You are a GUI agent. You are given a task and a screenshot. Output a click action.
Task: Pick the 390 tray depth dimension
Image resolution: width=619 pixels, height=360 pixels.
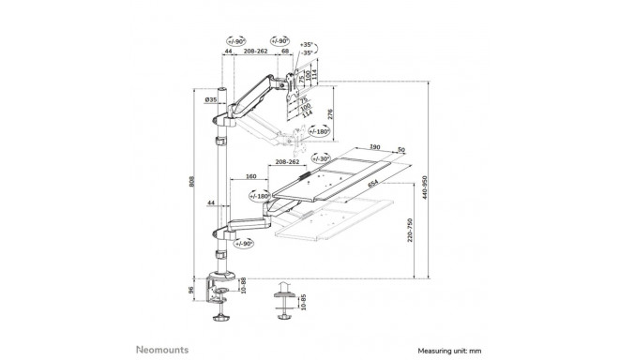[x=375, y=147]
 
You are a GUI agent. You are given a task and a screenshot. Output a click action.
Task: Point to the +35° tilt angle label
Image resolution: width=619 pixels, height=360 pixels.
[x=307, y=44]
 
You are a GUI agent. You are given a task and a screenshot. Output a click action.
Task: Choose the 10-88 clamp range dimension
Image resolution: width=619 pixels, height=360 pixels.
[x=245, y=284]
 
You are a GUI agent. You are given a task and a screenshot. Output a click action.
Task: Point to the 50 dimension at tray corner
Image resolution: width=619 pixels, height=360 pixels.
[x=401, y=149]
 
